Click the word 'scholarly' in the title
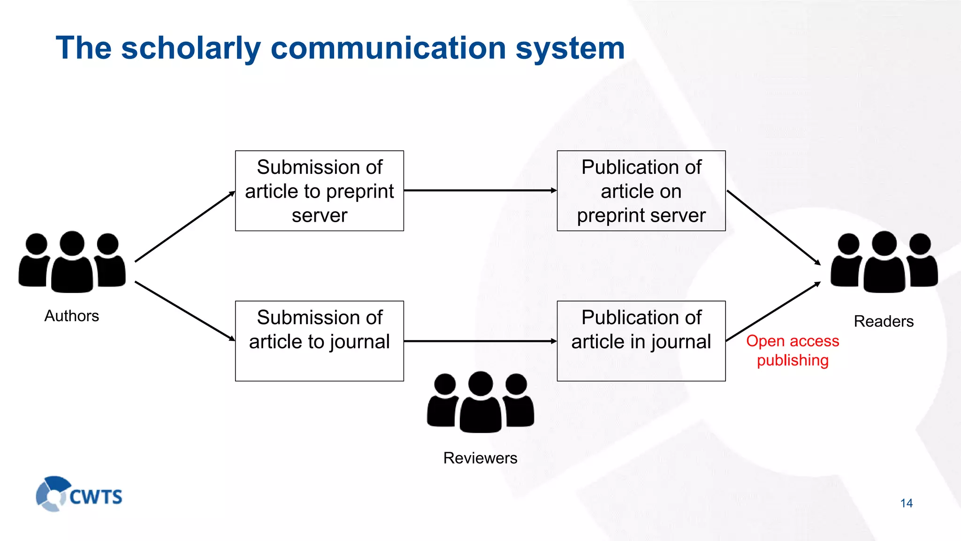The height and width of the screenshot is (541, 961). (x=190, y=48)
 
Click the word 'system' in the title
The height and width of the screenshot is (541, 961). (x=570, y=48)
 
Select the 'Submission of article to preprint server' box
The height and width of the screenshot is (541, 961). (x=319, y=191)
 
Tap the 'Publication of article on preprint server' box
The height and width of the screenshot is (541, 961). (x=641, y=191)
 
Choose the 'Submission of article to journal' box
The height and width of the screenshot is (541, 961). (x=319, y=341)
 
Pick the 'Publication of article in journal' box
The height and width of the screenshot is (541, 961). (x=641, y=341)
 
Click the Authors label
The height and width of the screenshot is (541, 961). (x=72, y=316)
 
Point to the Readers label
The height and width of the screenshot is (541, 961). (x=884, y=321)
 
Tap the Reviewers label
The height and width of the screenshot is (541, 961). (x=480, y=458)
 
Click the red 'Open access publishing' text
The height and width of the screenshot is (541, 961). (x=793, y=350)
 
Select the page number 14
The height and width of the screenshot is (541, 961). (x=906, y=503)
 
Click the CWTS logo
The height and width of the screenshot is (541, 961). (x=79, y=495)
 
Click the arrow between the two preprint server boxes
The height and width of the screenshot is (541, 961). (x=480, y=190)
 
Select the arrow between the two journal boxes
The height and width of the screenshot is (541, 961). (x=480, y=341)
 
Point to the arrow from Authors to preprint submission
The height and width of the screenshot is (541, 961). (x=184, y=226)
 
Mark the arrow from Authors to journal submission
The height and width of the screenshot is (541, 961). (x=184, y=311)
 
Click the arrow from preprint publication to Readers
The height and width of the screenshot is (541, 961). (x=773, y=227)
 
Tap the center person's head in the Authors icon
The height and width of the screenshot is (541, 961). (x=72, y=243)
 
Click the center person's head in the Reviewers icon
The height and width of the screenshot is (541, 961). (x=480, y=384)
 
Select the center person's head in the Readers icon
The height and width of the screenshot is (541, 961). (x=884, y=243)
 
